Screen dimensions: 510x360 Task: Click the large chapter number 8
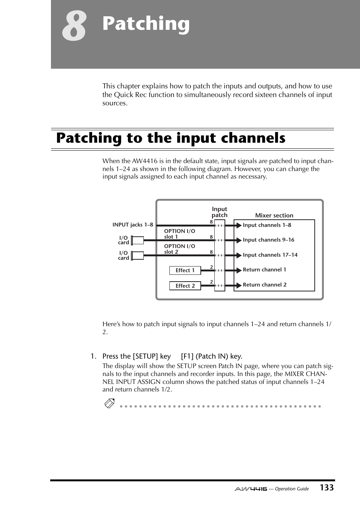[x=74, y=26]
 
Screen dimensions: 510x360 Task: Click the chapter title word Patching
[x=146, y=24]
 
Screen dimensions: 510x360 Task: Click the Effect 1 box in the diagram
[x=185, y=270]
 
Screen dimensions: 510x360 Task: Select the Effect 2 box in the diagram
[x=185, y=286]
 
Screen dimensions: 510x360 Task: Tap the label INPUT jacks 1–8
[x=132, y=225]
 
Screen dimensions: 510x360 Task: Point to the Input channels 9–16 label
[x=268, y=240]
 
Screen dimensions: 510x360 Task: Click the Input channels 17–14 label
[x=270, y=255]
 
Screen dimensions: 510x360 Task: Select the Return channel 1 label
[x=264, y=270]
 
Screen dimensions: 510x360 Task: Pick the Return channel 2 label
[x=265, y=285]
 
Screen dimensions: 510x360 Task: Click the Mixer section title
[x=274, y=215]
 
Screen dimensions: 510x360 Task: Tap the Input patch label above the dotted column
[x=219, y=212]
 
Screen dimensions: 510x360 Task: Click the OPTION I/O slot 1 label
[x=179, y=234]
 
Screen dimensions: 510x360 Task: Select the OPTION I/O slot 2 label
[x=179, y=249]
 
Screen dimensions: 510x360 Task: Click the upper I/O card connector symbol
[x=137, y=240]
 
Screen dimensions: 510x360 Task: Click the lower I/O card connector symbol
[x=137, y=256]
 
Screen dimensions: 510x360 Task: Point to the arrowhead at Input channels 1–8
[x=238, y=225]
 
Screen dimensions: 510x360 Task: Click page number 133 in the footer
[x=326, y=488]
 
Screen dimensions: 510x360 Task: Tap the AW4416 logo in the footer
[x=251, y=489]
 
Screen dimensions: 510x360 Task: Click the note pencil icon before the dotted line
[x=109, y=404]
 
